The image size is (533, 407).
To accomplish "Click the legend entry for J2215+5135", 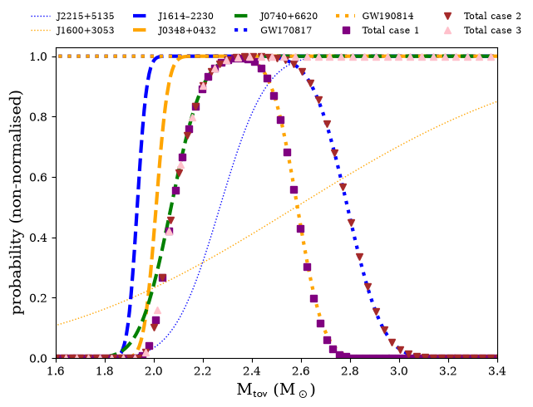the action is pos(86,16).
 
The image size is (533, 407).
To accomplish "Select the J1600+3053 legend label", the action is pos(86,30).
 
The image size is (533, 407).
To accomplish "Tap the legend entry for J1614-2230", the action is pos(185,16).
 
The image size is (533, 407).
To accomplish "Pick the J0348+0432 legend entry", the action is pos(186,30).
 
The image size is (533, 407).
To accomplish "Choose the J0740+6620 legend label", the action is pos(289,16).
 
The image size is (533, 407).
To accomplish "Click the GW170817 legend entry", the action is pos(286,30).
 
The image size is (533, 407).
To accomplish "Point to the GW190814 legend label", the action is pos(387,16).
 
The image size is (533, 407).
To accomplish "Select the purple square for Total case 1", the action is pos(346,30).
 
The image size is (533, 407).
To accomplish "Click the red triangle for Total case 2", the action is pos(448,16).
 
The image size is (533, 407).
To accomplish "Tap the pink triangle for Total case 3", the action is pos(448,30).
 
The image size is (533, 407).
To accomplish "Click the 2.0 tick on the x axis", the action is pos(154,371).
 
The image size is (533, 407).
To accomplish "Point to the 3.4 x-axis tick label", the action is pos(497,371).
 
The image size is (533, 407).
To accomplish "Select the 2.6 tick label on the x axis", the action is pos(301,371).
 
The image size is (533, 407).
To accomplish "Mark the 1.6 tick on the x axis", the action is pos(56,371).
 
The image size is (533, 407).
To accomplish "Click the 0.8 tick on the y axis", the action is pos(38,117).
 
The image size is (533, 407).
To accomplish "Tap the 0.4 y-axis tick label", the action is pos(38,238).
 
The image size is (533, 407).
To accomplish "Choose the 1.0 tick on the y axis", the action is pos(38,56).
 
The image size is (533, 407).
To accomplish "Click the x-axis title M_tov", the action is pos(276,390).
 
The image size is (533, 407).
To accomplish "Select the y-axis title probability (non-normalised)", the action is pos(17,203).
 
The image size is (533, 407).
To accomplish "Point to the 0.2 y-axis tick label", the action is pos(38,298).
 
